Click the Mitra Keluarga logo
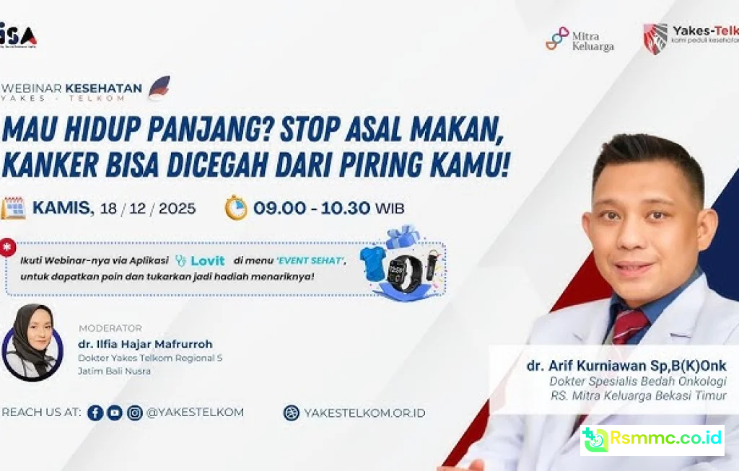579,39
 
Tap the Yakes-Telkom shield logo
655,38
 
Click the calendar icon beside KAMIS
13,208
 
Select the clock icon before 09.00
236,208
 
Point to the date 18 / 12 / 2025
148,208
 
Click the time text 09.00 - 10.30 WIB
328,208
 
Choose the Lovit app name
207,261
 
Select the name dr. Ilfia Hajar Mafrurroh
145,344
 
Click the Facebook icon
95,413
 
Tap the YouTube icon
115,413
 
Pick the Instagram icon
135,413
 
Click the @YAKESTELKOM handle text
195,413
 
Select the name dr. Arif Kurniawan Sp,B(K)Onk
626,366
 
